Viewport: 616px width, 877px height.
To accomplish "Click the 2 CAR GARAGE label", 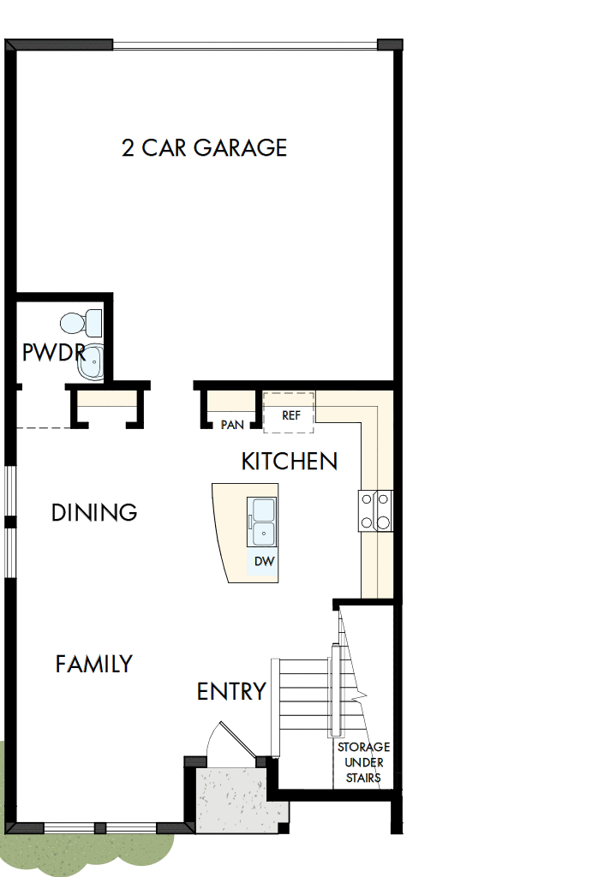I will click(x=204, y=147).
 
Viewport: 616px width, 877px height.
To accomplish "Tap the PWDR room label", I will click(x=53, y=352).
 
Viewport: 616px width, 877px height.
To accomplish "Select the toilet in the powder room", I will click(x=81, y=323).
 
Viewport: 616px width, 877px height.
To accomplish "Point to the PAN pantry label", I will click(x=231, y=424).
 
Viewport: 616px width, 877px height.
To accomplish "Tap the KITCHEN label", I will click(x=289, y=462).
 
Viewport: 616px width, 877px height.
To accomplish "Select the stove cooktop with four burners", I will click(x=375, y=510).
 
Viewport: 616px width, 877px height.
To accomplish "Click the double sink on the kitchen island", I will click(x=262, y=522).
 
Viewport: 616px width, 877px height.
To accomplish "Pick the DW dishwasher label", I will click(x=264, y=562).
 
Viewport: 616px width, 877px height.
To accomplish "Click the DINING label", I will click(x=94, y=512).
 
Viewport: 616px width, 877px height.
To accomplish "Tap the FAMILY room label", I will click(x=94, y=664).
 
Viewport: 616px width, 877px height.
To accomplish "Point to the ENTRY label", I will click(x=231, y=691).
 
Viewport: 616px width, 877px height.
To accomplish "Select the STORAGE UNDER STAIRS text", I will click(x=363, y=762).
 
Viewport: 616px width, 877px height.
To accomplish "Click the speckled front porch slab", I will click(x=229, y=798).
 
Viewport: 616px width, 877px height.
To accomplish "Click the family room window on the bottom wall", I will click(x=100, y=828).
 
